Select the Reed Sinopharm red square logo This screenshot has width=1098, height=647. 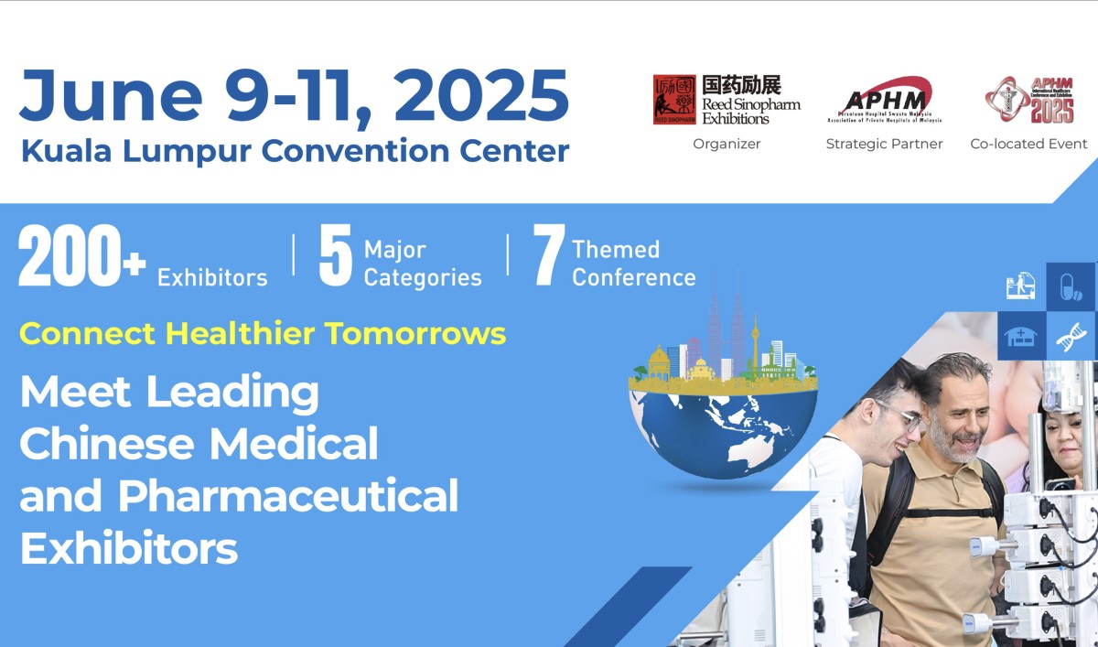pyautogui.click(x=674, y=100)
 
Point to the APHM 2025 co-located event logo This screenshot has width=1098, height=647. pyautogui.click(x=1029, y=100)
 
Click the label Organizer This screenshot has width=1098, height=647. pyautogui.click(x=727, y=144)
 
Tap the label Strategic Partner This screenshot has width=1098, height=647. pyautogui.click(x=884, y=144)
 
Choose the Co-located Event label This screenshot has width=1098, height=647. pyautogui.click(x=1028, y=144)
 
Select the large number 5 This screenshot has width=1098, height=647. pyautogui.click(x=335, y=257)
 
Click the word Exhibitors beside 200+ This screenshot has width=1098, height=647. pyautogui.click(x=212, y=277)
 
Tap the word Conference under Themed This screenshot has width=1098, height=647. pyautogui.click(x=633, y=277)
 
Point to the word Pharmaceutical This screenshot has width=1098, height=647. pyautogui.click(x=287, y=496)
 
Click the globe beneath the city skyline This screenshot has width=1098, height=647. pyautogui.click(x=723, y=430)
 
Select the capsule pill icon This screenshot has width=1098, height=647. pyautogui.click(x=1070, y=286)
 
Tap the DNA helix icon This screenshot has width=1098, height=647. pyautogui.click(x=1070, y=337)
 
